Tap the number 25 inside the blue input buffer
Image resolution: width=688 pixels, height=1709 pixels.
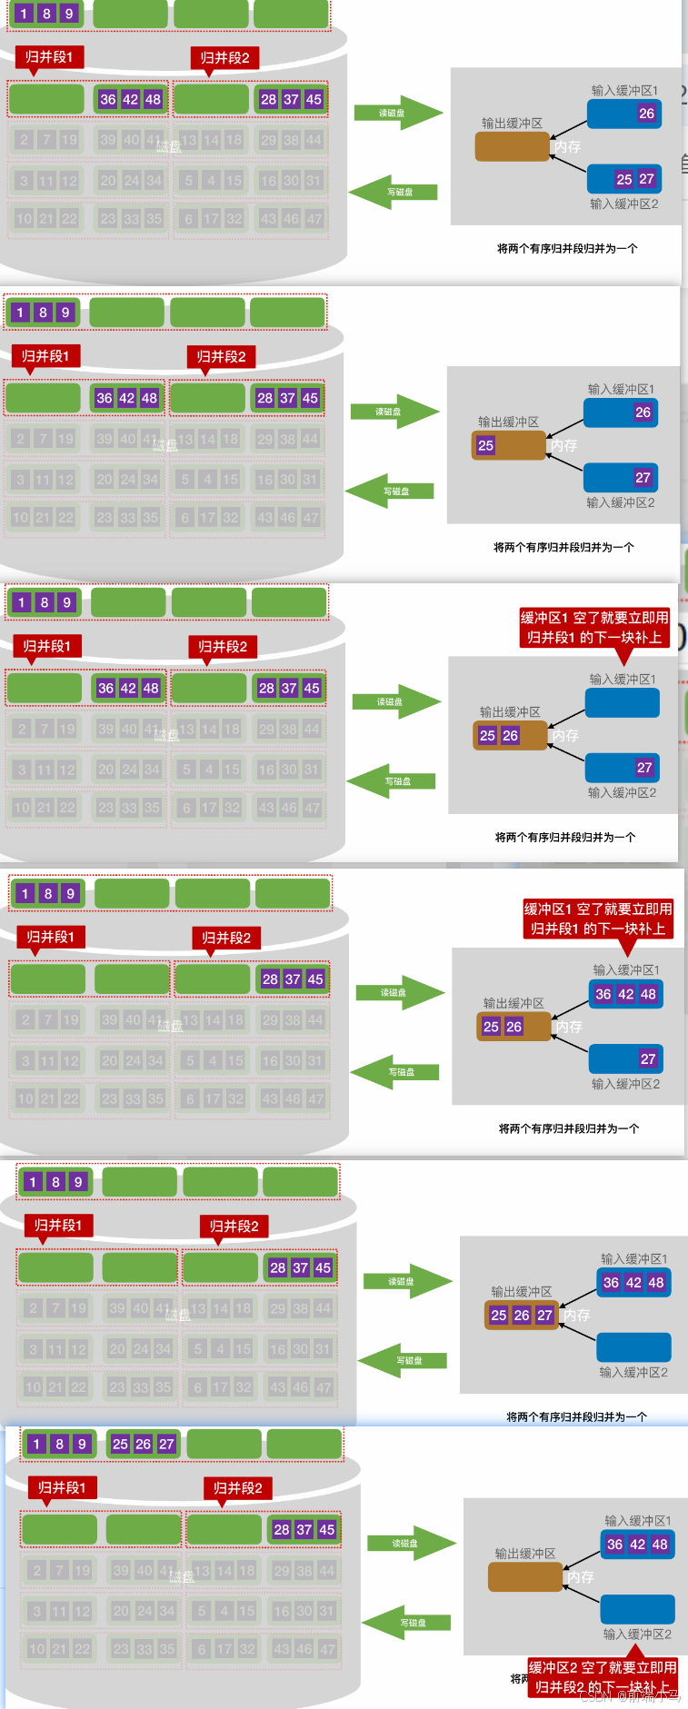click(623, 179)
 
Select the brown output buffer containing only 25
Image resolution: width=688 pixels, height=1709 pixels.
click(509, 445)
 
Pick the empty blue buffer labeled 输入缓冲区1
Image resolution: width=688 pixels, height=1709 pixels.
click(623, 702)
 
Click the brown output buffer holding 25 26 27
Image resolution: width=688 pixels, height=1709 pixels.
click(522, 1315)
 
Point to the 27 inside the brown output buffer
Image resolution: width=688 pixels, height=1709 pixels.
click(544, 1315)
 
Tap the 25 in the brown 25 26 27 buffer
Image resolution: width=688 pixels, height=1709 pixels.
click(499, 1315)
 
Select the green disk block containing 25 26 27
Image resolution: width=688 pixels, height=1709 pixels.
click(144, 1444)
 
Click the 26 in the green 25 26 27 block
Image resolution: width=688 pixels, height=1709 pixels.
click(144, 1444)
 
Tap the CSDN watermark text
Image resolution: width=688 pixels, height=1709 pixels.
click(629, 1695)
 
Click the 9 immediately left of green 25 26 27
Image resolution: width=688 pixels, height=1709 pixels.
click(82, 1444)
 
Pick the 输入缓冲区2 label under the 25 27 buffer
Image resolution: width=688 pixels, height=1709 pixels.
click(623, 204)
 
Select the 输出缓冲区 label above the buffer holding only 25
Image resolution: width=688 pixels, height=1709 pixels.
click(508, 422)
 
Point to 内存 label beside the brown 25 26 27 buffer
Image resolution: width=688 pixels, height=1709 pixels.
click(576, 1315)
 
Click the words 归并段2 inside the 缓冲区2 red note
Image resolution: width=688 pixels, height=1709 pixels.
click(562, 1687)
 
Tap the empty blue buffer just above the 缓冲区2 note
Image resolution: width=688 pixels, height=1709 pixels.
click(638, 1608)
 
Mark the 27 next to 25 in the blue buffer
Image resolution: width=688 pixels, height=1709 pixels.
click(646, 179)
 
